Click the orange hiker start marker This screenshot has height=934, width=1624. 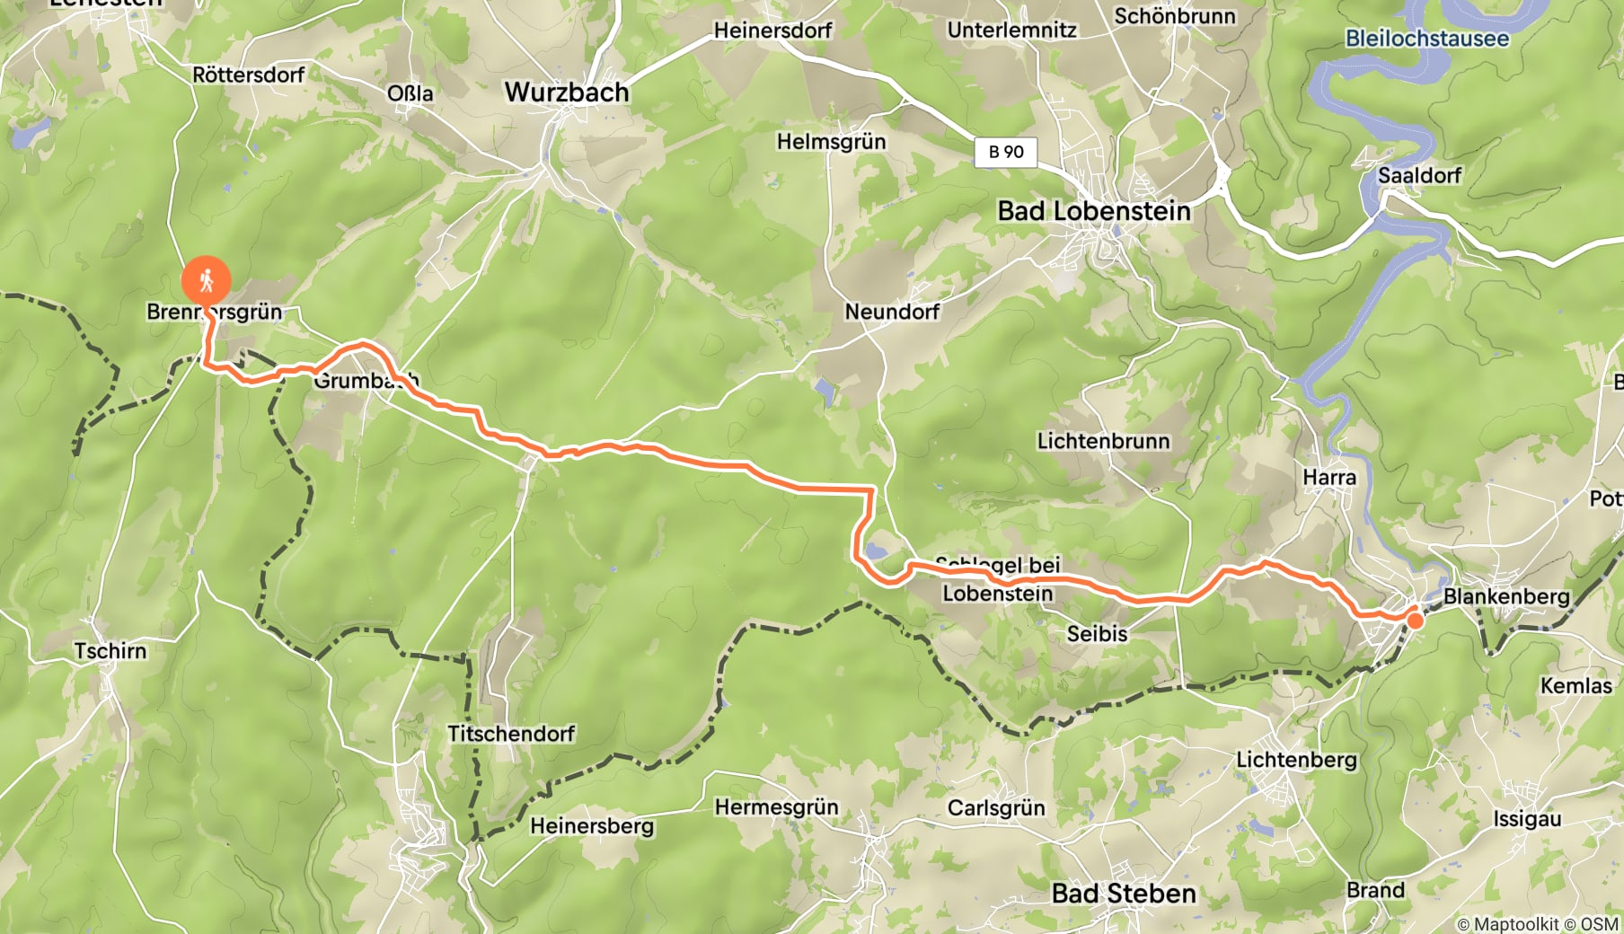(206, 281)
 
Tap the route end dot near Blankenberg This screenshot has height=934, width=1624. (1415, 621)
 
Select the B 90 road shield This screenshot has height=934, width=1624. (1006, 152)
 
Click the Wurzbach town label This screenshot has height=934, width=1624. (567, 92)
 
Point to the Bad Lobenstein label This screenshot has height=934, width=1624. (1094, 211)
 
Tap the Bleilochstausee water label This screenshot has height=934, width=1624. (1426, 39)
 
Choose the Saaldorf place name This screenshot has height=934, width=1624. (1419, 175)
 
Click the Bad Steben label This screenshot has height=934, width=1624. (1124, 894)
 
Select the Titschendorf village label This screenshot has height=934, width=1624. (511, 734)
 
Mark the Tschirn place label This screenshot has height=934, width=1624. (110, 650)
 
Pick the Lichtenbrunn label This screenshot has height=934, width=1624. (1103, 441)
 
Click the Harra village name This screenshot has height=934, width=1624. (1329, 477)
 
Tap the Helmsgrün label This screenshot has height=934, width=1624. (831, 141)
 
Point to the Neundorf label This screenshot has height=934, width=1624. (892, 312)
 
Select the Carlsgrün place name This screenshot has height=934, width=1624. (996, 807)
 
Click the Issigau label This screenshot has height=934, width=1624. (1527, 819)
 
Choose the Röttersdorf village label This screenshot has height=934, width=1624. (249, 75)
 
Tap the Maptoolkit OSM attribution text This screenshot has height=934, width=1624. (1537, 923)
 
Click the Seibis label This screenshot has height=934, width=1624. (1097, 633)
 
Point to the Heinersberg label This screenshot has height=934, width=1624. (592, 825)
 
